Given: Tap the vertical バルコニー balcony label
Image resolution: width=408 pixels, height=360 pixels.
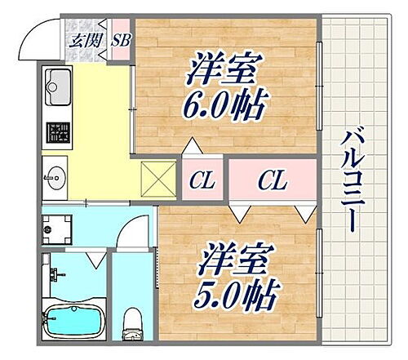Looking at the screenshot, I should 353,181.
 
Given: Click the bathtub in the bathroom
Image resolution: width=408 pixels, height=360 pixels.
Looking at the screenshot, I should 73,320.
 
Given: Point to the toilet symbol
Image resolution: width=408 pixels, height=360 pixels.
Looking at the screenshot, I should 131,323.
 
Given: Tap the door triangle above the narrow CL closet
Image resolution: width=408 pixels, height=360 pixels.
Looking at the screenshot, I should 193,148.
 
